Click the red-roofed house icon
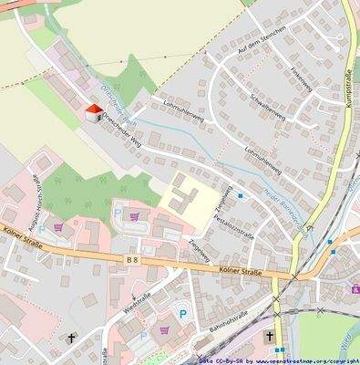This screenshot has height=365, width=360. tap(93, 112)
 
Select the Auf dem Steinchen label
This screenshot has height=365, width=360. tap(262, 40)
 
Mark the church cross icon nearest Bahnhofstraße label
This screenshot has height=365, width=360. tap(269, 337)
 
